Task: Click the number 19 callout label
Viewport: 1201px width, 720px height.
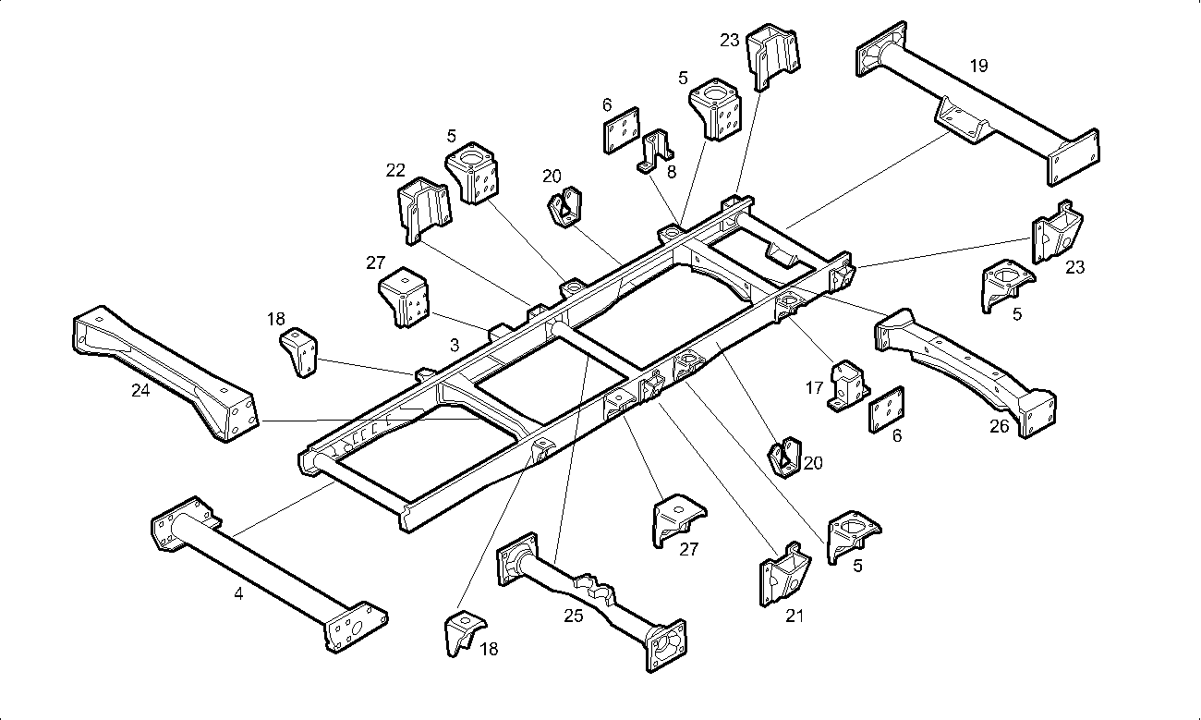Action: [x=978, y=66]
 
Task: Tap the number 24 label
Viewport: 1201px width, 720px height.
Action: [x=140, y=390]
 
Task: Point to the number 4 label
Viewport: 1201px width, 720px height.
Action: [x=238, y=594]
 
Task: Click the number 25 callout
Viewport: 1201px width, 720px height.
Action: [x=574, y=616]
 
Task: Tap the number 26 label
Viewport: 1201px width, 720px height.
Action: [x=1000, y=427]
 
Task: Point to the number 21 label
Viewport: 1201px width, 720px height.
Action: [x=795, y=616]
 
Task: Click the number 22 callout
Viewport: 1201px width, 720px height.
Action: [x=395, y=170]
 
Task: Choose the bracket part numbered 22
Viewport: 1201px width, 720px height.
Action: [x=423, y=210]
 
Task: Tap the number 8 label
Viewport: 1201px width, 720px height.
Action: [x=671, y=171]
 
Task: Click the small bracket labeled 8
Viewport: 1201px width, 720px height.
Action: [x=655, y=151]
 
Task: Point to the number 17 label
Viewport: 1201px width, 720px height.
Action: [x=814, y=388]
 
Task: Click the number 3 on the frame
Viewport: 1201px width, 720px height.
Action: [x=455, y=345]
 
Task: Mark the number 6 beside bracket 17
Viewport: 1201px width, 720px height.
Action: [x=897, y=435]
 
